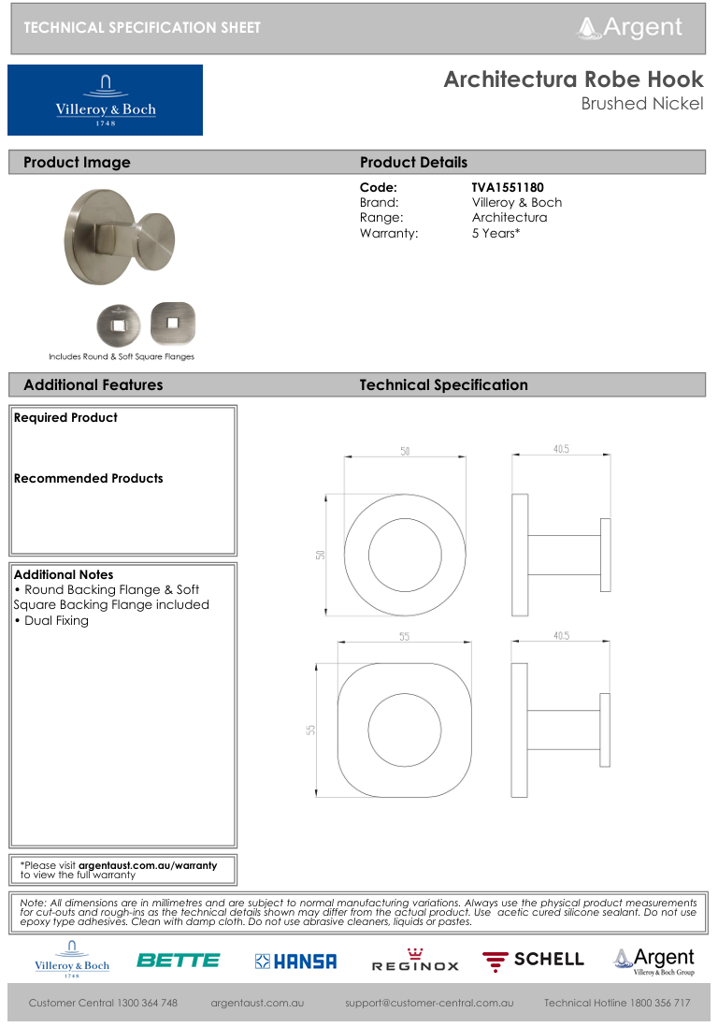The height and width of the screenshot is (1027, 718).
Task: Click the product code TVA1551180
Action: point(508,188)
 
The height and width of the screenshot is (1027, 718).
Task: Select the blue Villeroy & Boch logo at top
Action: point(105,100)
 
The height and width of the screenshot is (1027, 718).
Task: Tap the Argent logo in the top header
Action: point(630,27)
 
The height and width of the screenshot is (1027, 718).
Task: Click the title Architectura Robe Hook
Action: point(573,80)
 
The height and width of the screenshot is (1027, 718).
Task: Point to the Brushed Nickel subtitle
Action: point(641,104)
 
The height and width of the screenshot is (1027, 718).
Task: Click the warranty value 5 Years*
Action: point(495,233)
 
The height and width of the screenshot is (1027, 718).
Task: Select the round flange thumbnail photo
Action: point(120,324)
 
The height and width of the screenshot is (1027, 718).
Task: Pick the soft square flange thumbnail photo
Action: point(172,323)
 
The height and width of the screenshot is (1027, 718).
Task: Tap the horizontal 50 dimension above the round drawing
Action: point(405,452)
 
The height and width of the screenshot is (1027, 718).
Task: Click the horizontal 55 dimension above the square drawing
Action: point(405,637)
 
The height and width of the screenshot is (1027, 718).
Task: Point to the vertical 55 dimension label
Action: point(311,730)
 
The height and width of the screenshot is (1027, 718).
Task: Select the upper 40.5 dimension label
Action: point(561,450)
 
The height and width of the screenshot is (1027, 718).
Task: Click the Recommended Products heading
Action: point(88,478)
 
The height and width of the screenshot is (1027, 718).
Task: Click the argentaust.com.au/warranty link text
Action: point(147,865)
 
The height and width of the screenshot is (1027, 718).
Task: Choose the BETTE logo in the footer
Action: point(178,960)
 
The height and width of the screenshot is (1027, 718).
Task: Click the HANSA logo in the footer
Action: point(295,961)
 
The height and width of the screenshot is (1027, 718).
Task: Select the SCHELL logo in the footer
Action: point(533,960)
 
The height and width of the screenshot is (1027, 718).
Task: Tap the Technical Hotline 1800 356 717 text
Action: point(617,1003)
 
